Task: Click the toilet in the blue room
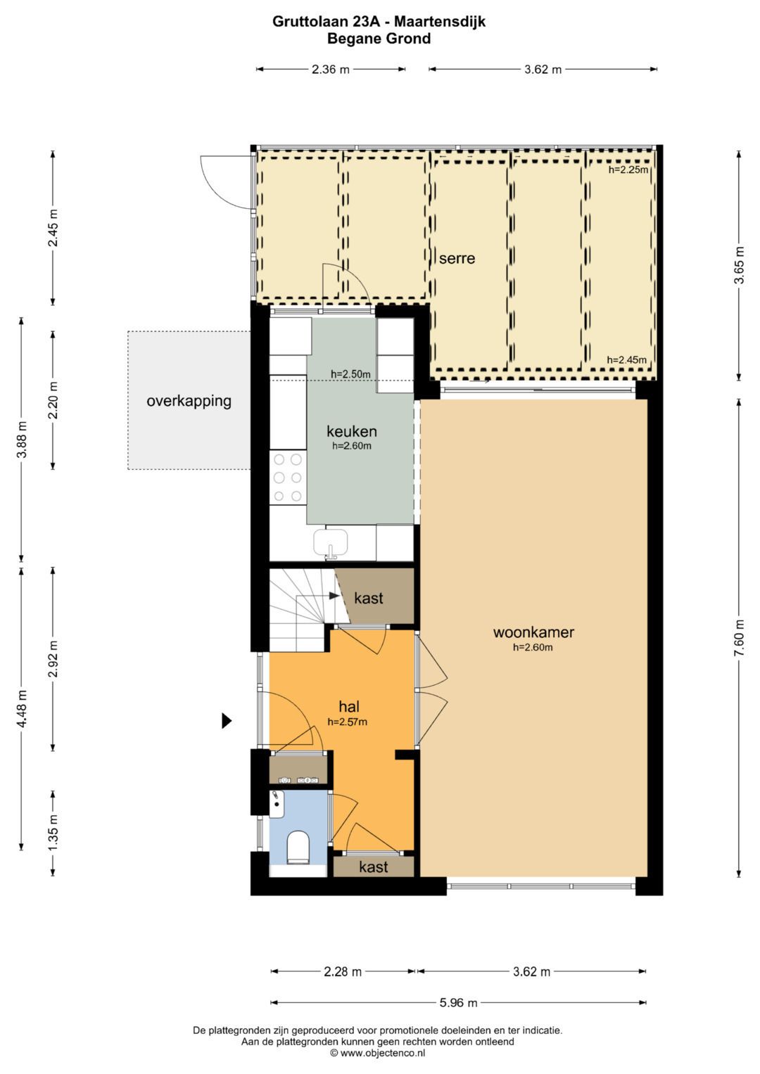[x=298, y=847]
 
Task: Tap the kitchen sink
[x=331, y=543]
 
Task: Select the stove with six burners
[x=288, y=478]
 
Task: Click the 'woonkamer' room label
[x=533, y=632]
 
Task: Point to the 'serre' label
[x=457, y=258]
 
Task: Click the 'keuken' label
[x=351, y=431]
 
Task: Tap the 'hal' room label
[x=349, y=707]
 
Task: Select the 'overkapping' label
[x=189, y=401]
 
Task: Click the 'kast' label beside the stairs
[x=369, y=598]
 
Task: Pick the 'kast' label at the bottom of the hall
[x=373, y=867]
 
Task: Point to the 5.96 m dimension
[x=458, y=1002]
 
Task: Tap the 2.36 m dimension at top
[x=330, y=69]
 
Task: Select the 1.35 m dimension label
[x=53, y=833]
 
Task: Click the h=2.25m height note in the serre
[x=628, y=170]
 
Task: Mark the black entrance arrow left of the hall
[x=227, y=720]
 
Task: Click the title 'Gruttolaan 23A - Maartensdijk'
[x=379, y=22]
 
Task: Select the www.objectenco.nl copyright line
[x=378, y=1053]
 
